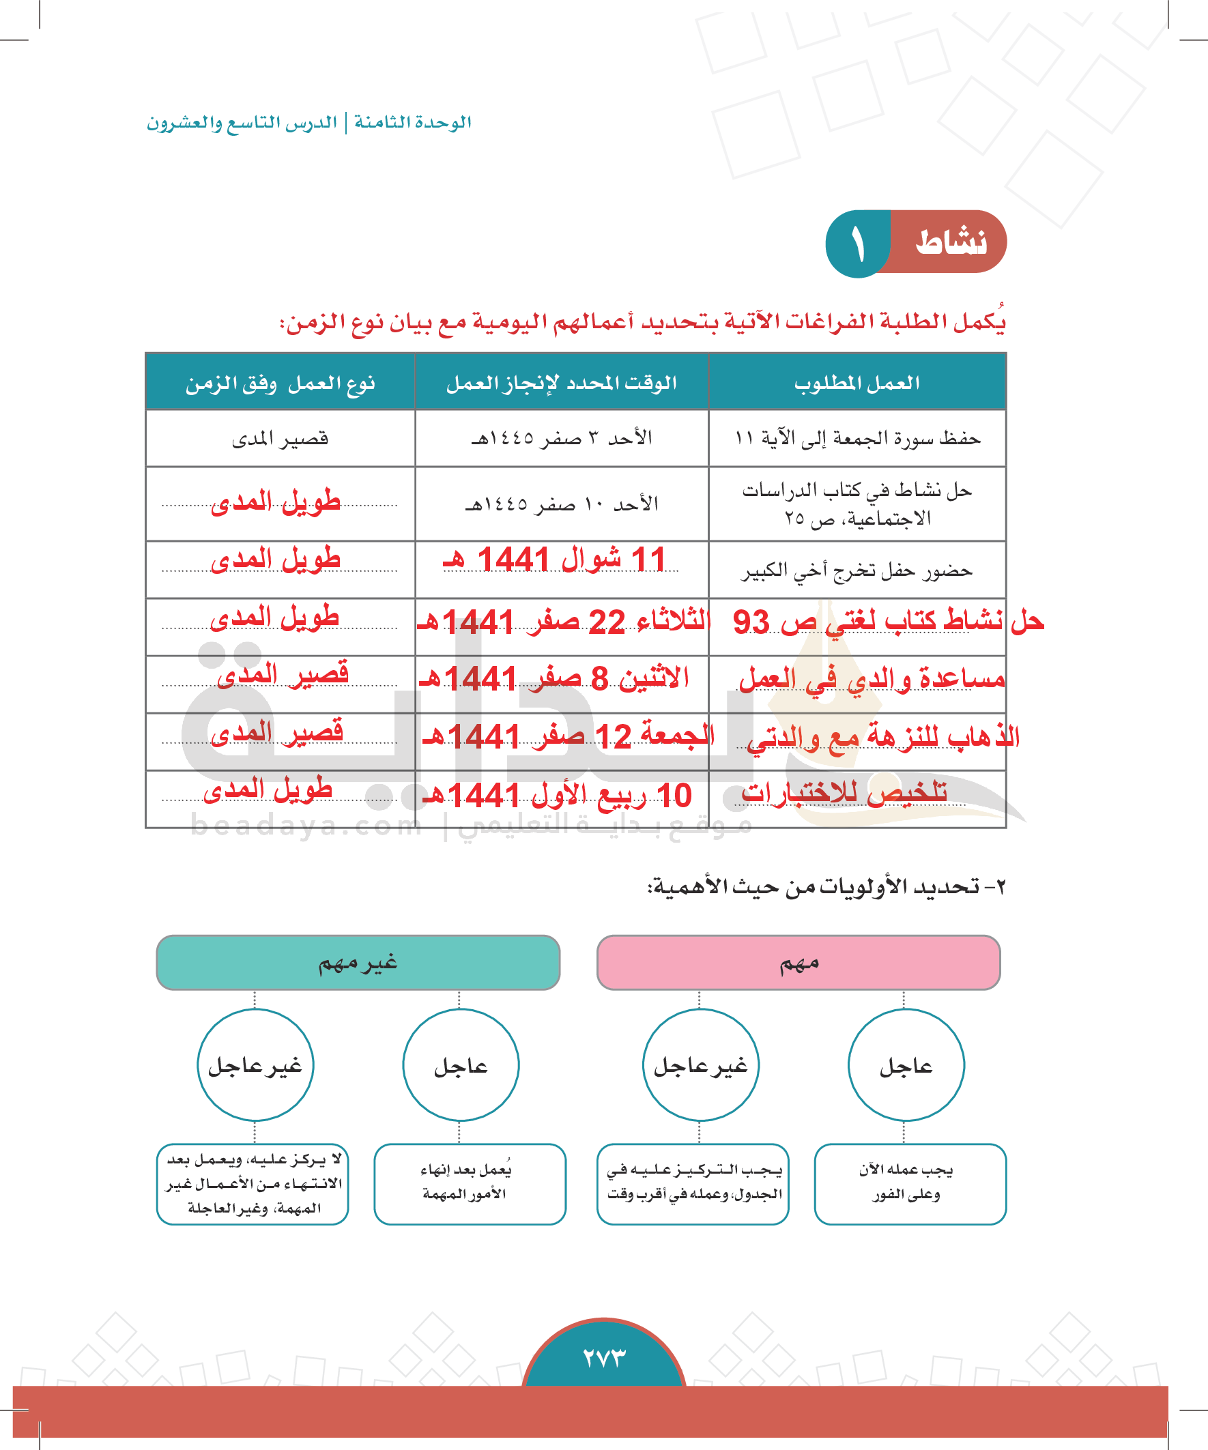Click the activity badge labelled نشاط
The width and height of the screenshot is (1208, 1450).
[951, 242]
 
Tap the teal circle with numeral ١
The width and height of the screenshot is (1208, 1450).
[858, 244]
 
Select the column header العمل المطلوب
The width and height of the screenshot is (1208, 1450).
[857, 383]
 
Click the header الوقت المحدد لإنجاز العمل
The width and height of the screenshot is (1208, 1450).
[562, 383]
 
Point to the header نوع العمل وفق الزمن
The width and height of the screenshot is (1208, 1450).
[280, 383]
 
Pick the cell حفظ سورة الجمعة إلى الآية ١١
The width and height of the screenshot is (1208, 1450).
[857, 438]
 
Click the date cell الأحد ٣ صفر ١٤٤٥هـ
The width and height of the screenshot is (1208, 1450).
[562, 438]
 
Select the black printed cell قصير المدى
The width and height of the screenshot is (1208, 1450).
[280, 439]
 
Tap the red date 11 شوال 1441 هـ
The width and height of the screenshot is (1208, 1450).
[555, 560]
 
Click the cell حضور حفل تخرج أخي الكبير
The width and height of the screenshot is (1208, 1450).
[857, 570]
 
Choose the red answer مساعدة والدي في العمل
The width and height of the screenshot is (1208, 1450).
[872, 680]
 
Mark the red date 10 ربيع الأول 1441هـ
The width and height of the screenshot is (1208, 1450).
[557, 796]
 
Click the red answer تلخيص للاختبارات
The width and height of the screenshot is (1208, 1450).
[844, 793]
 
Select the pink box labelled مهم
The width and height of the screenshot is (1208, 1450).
[799, 963]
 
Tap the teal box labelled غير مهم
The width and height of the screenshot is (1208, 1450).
[358, 963]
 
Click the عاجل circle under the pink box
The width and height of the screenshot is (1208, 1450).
[906, 1065]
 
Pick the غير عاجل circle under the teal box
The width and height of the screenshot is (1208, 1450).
[255, 1065]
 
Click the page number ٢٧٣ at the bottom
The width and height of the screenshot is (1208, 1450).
[603, 1357]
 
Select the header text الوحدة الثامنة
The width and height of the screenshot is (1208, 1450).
[412, 122]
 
